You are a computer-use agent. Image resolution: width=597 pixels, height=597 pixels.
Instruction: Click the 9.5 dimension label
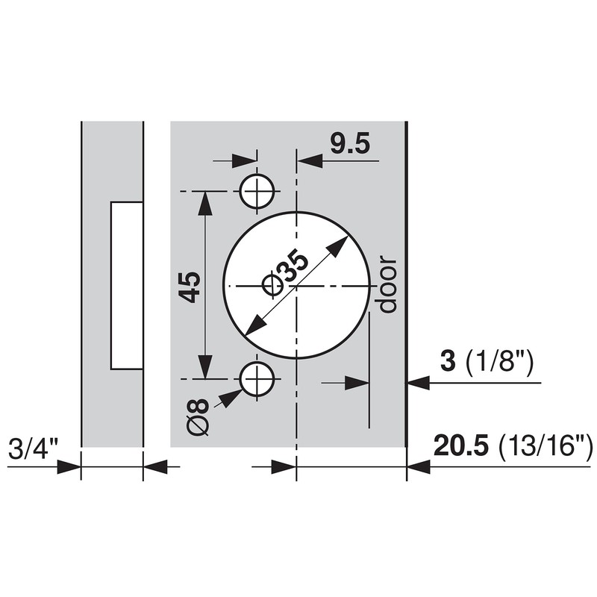pyautogui.click(x=349, y=144)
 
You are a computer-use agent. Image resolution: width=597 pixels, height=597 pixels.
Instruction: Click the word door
pyautogui.click(x=387, y=285)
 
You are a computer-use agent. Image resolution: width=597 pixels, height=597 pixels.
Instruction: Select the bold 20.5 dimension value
pyautogui.click(x=460, y=448)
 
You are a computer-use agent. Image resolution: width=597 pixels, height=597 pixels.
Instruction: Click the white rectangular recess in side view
pyautogui.click(x=126, y=285)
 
